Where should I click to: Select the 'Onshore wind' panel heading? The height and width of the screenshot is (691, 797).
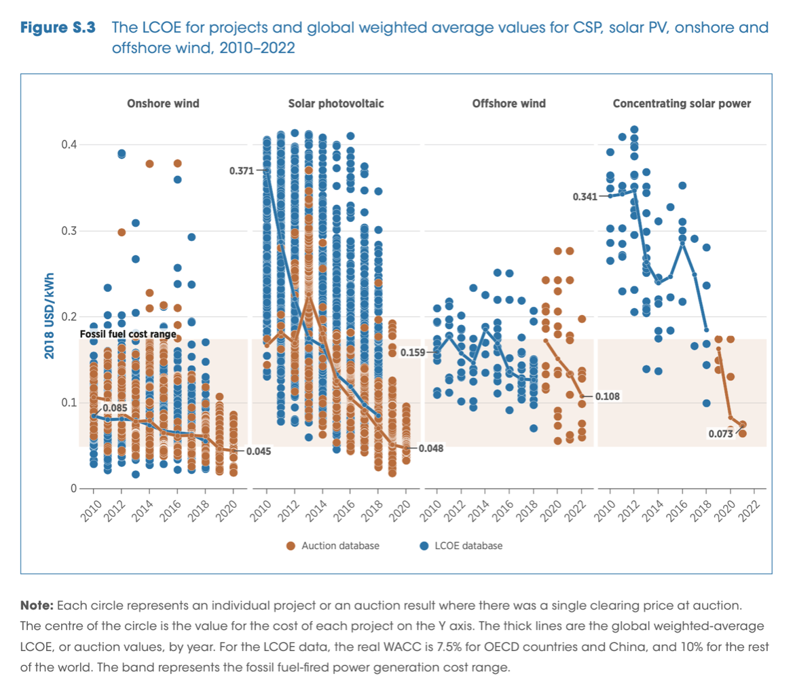point(163,104)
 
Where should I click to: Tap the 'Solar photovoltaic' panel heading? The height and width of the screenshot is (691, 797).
point(336,104)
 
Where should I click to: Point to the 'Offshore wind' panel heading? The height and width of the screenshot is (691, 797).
point(508,104)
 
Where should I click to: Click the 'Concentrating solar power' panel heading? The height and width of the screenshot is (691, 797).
point(682,104)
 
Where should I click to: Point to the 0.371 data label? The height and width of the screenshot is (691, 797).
point(241,172)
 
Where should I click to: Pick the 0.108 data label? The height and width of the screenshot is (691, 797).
point(608,396)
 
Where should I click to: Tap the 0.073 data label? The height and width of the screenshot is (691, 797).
point(721,434)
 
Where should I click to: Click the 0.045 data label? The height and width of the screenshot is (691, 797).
point(257,451)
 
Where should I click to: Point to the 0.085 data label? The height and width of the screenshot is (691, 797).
point(115,407)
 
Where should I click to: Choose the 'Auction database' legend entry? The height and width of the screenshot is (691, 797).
point(333,545)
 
